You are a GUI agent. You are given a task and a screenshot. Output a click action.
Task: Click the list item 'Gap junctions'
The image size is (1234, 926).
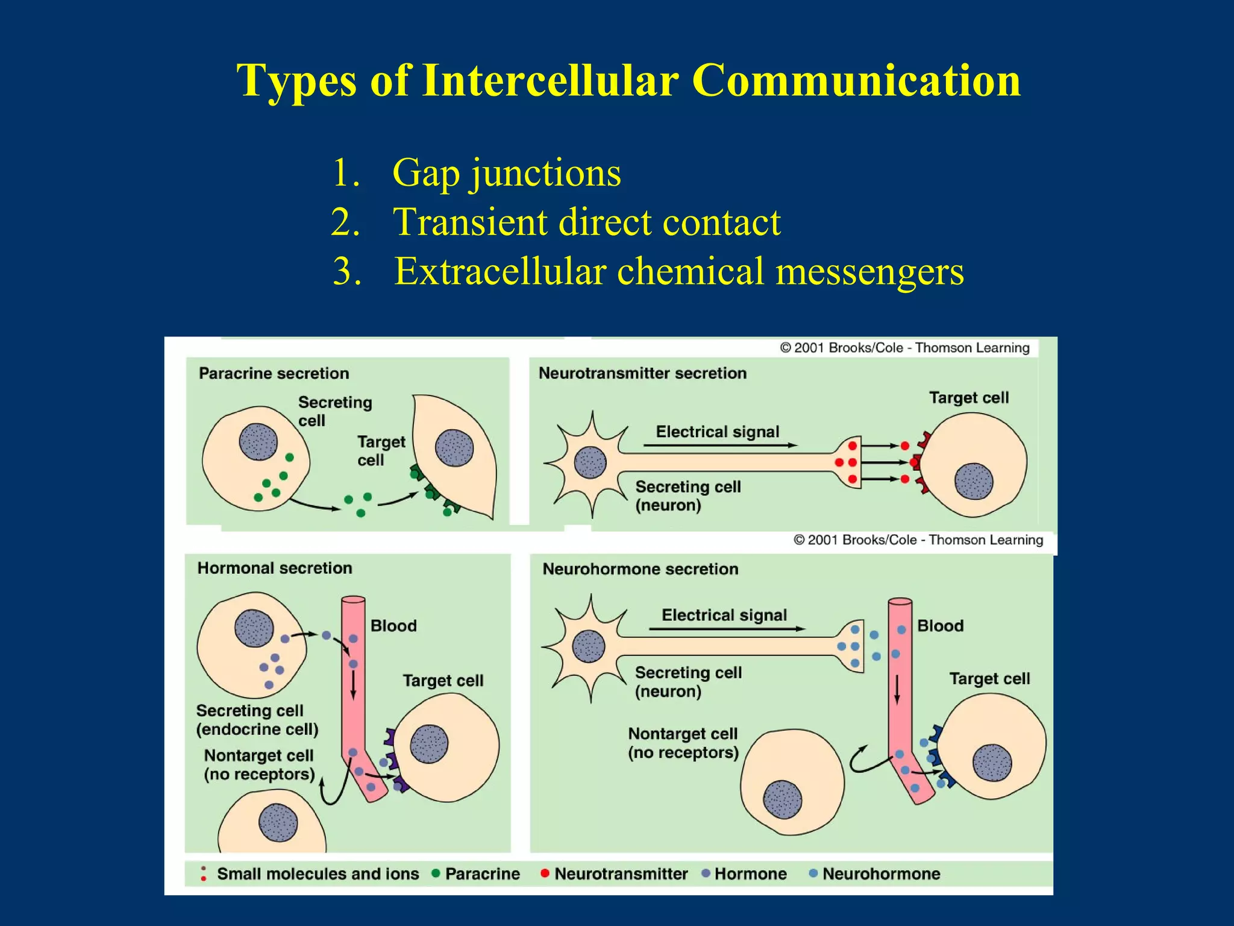[506, 173]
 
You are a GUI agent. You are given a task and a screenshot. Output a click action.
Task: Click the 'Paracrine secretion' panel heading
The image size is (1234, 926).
[274, 373]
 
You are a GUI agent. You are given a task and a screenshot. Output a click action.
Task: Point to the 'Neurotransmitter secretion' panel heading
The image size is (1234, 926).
[642, 373]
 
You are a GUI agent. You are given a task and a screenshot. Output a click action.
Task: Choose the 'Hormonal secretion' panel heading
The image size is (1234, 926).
[275, 568]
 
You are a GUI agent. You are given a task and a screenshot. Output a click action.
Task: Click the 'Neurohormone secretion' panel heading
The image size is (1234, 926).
[640, 569]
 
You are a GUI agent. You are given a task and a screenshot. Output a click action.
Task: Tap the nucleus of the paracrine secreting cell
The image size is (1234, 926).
[258, 442]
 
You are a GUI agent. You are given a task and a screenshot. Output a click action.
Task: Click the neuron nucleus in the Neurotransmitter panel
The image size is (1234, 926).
[590, 462]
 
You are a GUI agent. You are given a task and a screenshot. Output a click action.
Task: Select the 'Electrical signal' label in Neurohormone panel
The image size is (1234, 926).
[724, 615]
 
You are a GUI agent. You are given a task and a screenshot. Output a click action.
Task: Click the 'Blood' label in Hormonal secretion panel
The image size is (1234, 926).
[393, 626]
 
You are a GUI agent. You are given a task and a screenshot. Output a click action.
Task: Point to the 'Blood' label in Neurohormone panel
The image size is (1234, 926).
[939, 626]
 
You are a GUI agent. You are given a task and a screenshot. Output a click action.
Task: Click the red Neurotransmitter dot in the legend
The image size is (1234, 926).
[545, 873]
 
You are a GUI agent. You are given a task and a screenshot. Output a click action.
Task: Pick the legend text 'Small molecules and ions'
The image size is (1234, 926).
[318, 874]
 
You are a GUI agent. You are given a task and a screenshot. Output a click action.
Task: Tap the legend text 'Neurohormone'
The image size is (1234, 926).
[880, 874]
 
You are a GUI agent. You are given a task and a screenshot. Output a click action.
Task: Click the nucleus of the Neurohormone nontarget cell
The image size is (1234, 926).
[782, 799]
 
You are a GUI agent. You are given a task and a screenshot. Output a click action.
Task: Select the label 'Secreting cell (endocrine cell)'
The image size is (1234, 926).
[257, 720]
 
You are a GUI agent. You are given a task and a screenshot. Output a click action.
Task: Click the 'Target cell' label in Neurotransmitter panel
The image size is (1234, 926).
[968, 398]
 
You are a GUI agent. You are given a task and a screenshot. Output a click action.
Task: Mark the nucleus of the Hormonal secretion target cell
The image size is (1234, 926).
[429, 744]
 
